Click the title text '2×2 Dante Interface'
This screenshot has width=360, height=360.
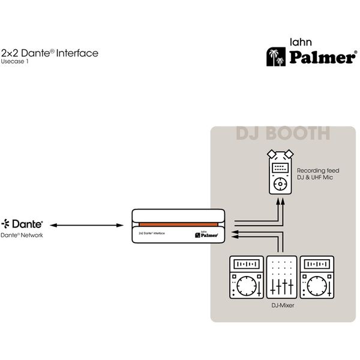[50, 53]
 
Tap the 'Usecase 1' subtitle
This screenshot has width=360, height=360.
[15, 61]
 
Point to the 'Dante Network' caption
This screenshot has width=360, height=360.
[22, 235]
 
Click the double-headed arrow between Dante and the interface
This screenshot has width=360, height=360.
[86, 226]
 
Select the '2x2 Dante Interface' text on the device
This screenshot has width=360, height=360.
[152, 232]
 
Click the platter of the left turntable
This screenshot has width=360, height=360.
[246, 286]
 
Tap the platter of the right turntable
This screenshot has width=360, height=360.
[316, 286]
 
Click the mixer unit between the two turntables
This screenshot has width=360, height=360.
[281, 277]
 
